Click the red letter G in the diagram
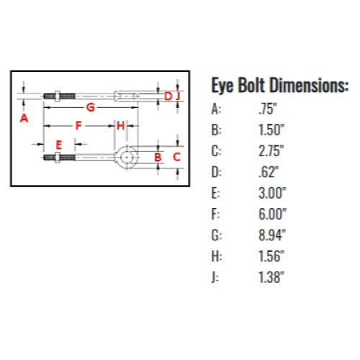(91, 107)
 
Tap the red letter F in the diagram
(78, 125)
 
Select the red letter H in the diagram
(121, 125)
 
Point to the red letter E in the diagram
(59, 145)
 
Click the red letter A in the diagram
(24, 118)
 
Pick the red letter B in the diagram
(158, 157)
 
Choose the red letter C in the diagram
(176, 157)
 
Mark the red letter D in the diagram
(168, 96)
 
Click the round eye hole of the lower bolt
(126, 157)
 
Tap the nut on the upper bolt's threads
(58, 96)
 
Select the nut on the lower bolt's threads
(58, 158)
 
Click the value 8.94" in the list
(272, 235)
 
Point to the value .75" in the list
(268, 109)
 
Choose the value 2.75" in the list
(271, 151)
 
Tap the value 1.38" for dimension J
(271, 277)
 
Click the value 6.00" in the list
(272, 214)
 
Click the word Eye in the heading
(222, 86)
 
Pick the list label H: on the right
(217, 256)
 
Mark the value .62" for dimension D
(269, 172)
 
